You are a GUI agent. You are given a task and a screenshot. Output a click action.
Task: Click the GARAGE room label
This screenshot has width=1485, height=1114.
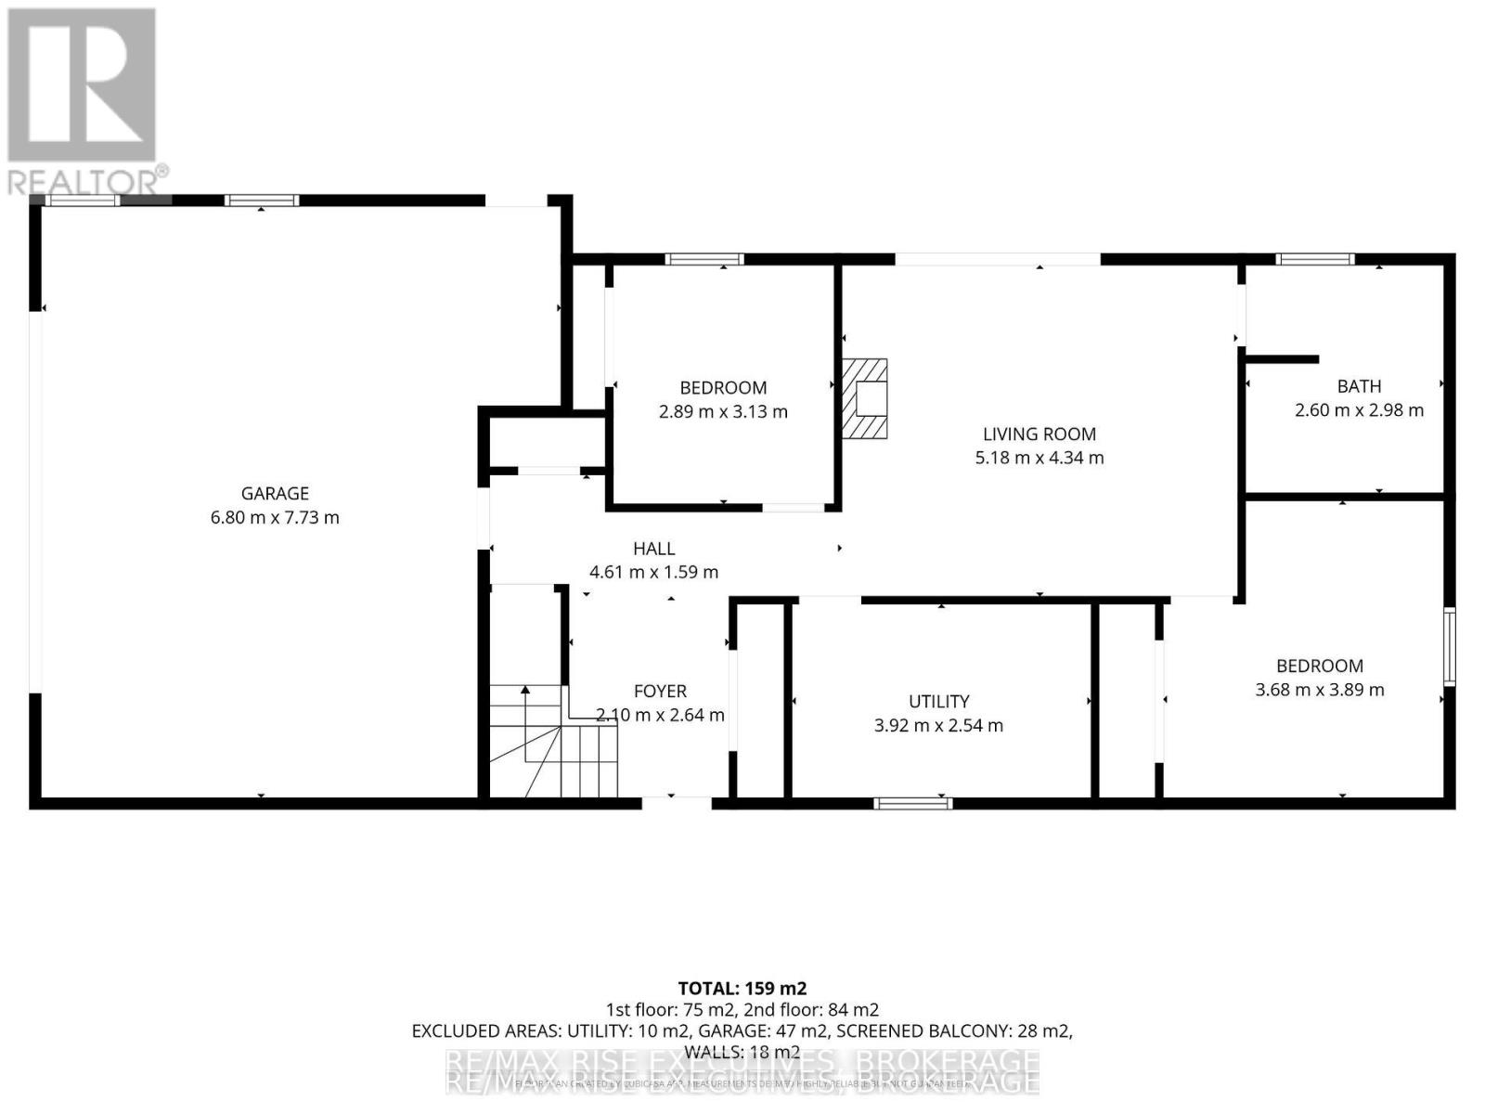click(x=275, y=494)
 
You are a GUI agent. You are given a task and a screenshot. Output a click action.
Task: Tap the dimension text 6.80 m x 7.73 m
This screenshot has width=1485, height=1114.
click(x=275, y=518)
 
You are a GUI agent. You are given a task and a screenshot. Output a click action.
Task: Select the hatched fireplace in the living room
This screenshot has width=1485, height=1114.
click(x=864, y=398)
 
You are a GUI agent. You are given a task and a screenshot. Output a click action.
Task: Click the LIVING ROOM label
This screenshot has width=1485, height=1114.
click(x=1039, y=434)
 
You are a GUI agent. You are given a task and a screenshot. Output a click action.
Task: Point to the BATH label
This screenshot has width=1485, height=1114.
click(x=1359, y=386)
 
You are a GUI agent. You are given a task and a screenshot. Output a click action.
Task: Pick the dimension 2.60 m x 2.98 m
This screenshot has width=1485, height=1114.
click(x=1359, y=410)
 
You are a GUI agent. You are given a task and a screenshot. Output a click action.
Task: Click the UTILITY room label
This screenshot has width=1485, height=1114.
click(x=938, y=702)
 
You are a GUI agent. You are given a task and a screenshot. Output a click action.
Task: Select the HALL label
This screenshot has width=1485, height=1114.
click(x=653, y=550)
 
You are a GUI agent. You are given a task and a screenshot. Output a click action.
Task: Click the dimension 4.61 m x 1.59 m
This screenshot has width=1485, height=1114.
click(x=653, y=573)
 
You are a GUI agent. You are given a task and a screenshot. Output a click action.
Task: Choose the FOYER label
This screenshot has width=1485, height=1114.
click(x=660, y=692)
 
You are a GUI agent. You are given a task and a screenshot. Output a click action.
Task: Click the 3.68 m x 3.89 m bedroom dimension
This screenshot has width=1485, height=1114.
click(x=1319, y=690)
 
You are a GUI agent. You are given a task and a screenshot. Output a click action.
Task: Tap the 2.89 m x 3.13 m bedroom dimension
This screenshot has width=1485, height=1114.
click(x=723, y=412)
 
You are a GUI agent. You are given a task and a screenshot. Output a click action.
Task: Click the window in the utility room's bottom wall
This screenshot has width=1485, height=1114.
click(x=913, y=803)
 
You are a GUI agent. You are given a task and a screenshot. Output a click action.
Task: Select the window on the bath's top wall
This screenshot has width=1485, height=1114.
click(x=1315, y=259)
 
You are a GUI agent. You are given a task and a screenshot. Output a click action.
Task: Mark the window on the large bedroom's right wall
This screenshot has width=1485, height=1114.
click(x=1449, y=647)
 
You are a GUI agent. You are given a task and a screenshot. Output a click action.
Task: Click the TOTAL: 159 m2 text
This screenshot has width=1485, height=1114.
click(x=742, y=988)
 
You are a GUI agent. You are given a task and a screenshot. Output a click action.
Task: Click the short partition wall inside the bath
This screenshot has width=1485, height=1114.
click(x=1282, y=359)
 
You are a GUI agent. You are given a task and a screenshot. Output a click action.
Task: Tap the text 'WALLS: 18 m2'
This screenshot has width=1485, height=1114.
click(x=742, y=1052)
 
